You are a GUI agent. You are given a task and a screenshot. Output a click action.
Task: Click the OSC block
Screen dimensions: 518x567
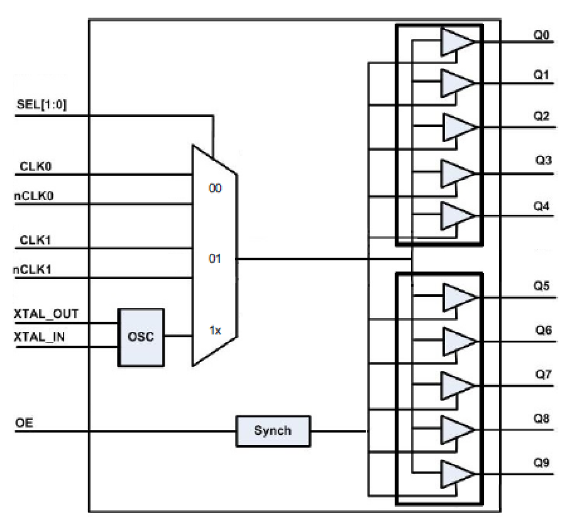[141, 337]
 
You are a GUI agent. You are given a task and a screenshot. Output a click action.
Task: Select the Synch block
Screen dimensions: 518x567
[273, 431]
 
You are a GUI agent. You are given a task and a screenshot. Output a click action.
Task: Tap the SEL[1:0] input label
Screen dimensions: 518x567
[42, 105]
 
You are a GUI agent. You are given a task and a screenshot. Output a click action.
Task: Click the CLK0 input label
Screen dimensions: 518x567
[36, 167]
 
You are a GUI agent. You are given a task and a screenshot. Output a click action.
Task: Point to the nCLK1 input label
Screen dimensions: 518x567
[32, 270]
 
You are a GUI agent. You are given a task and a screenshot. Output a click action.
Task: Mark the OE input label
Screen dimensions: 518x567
[24, 423]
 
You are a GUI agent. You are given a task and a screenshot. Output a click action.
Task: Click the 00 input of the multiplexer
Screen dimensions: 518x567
[215, 188]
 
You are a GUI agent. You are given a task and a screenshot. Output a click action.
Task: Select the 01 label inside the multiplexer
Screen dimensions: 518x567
[215, 259]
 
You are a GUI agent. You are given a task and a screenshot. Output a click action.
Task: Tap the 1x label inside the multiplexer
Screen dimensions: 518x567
[215, 331]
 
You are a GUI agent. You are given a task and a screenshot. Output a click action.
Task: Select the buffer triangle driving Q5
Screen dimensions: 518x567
[456, 298]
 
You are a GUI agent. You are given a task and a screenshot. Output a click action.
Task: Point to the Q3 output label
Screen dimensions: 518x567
[543, 160]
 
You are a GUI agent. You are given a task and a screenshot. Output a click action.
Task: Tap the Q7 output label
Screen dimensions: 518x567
[543, 374]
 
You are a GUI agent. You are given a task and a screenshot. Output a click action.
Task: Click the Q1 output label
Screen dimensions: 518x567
[541, 75]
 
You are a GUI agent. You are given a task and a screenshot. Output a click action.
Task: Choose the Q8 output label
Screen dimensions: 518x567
[542, 419]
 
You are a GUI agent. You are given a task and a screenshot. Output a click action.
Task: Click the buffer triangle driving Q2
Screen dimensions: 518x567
[456, 127]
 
